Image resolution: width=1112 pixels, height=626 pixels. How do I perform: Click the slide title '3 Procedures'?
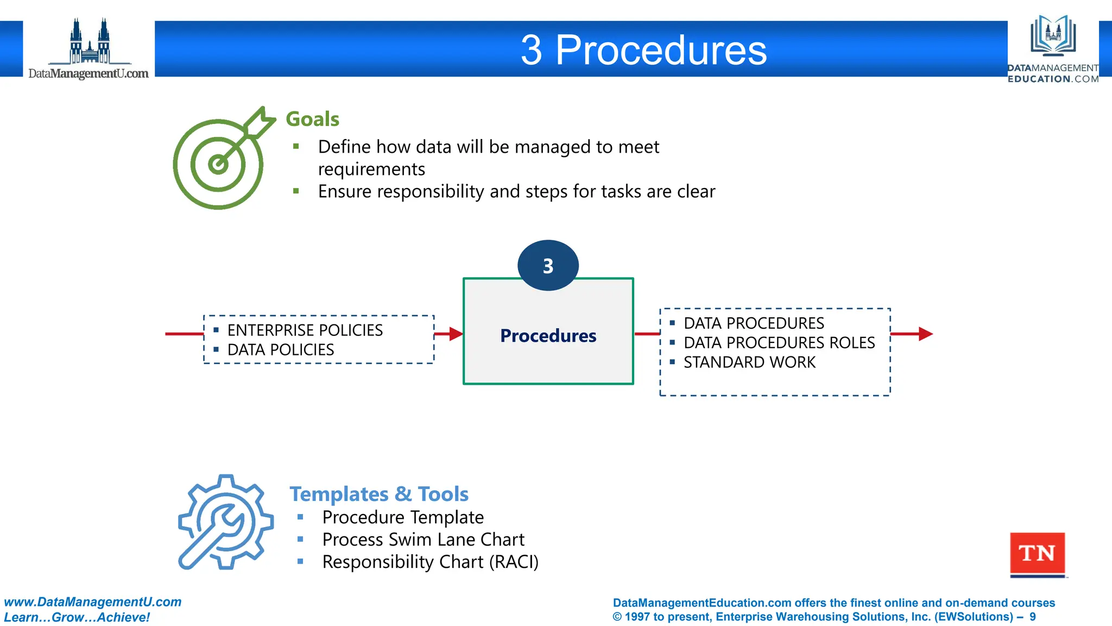[x=643, y=50]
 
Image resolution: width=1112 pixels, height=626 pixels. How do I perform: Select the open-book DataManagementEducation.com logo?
[x=1053, y=48]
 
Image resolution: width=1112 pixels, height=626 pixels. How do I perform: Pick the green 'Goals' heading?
[x=312, y=119]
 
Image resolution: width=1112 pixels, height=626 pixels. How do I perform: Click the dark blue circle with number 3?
[x=548, y=266]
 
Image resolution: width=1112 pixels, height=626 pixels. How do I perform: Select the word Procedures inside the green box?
[x=548, y=336]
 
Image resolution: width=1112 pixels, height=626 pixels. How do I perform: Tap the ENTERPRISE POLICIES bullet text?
[x=305, y=330]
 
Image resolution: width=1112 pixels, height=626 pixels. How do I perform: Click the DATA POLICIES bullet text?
[x=280, y=349]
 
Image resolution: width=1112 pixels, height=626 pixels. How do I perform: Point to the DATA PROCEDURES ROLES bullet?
[x=779, y=342]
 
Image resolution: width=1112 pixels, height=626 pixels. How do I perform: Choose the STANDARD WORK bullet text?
[x=749, y=362]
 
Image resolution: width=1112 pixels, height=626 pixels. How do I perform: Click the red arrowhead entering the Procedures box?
[x=456, y=334]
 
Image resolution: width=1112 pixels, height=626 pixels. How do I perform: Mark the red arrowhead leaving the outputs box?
[x=925, y=334]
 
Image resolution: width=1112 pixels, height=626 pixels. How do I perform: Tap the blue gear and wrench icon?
[x=225, y=522]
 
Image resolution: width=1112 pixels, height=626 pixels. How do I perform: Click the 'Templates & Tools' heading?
[x=378, y=494]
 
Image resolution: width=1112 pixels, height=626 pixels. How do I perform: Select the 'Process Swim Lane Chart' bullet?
[x=423, y=539]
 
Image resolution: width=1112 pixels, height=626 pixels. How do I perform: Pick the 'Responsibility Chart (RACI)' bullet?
[x=430, y=561]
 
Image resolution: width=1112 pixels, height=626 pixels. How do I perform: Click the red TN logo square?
[x=1037, y=554]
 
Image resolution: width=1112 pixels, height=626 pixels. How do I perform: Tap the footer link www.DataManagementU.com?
[x=93, y=602]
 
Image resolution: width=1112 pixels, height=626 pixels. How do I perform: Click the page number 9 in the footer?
[x=1032, y=617]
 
